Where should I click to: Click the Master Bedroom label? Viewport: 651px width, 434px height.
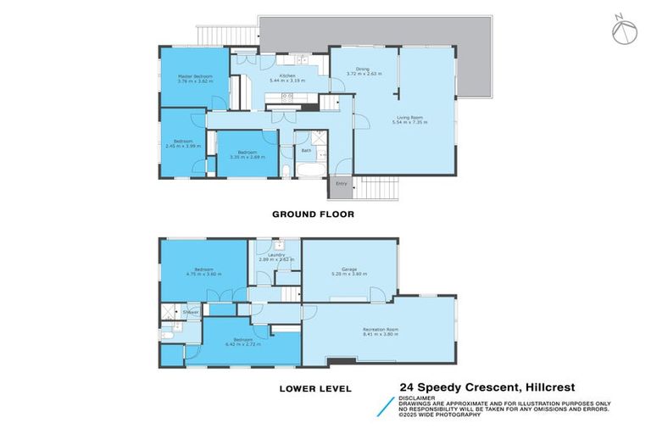point(194,76)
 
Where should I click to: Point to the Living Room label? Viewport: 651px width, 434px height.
point(410,118)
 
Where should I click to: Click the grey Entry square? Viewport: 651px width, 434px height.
point(342,184)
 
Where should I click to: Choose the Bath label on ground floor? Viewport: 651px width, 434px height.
point(306,151)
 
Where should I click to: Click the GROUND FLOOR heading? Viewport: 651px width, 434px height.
point(313,214)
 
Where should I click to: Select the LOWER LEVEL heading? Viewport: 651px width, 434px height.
point(312,389)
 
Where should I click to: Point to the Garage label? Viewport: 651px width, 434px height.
point(349,270)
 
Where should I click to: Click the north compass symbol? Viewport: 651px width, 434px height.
point(622,31)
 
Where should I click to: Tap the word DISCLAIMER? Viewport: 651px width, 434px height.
point(418,398)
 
